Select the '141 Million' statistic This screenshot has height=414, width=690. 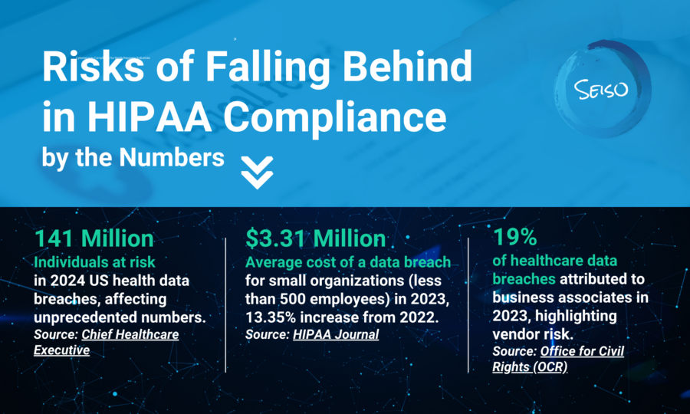tap(94, 238)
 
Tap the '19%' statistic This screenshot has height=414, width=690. tap(514, 238)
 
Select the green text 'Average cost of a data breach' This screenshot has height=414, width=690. tap(348, 263)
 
